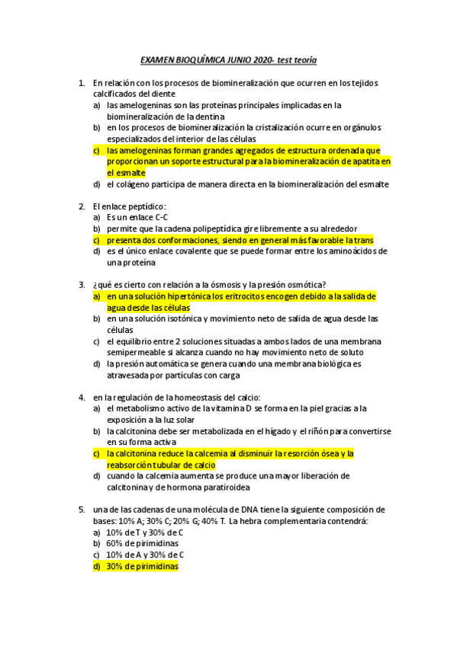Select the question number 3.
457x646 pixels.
82,284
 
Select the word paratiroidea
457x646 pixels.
226,487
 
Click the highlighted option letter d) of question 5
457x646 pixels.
97,566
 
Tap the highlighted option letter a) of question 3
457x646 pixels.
97,296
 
